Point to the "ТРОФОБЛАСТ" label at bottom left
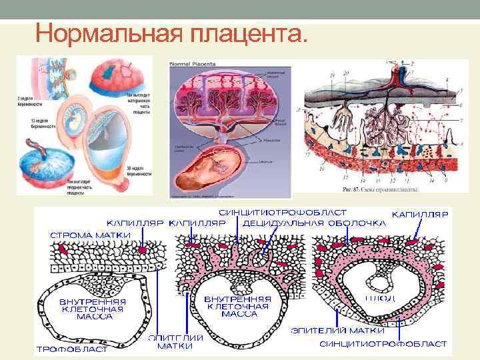tap(71, 349)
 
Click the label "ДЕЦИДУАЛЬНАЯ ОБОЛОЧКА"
tap(314, 223)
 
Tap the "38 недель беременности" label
tap(137, 171)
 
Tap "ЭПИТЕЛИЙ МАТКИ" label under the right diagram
tap(337, 330)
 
